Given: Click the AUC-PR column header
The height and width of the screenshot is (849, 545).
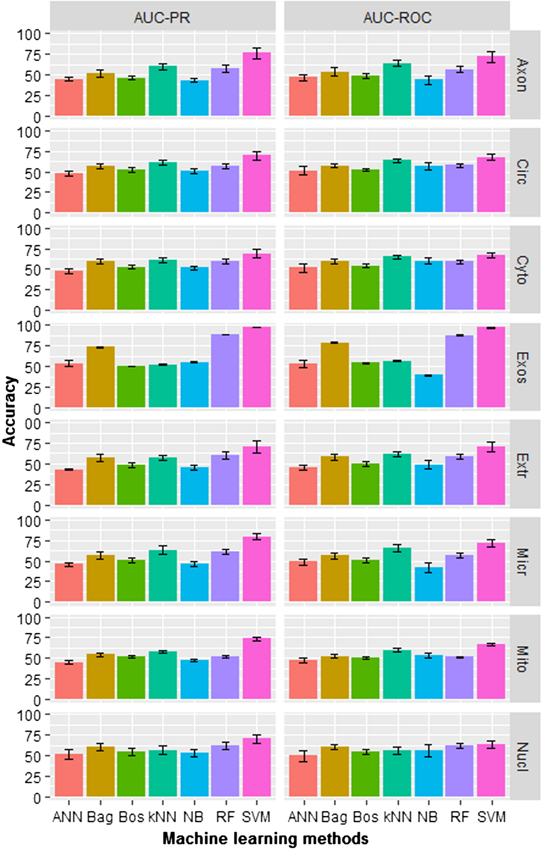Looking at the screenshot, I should [x=162, y=17].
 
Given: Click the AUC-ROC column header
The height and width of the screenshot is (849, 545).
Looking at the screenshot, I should [x=397, y=17].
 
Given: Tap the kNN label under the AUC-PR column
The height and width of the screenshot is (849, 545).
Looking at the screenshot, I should [x=162, y=817].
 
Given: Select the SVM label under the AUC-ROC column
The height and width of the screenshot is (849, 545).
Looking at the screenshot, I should [x=491, y=817].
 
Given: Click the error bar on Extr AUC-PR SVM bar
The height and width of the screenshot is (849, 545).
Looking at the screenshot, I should [x=257, y=447].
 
